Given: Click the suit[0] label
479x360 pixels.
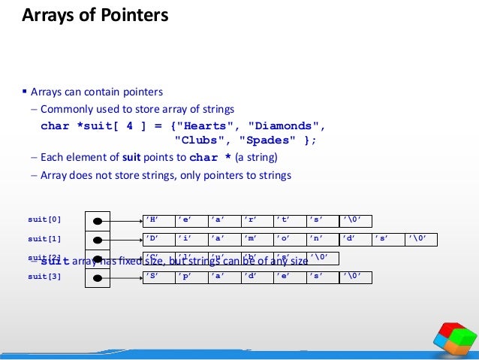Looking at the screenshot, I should tap(44, 220).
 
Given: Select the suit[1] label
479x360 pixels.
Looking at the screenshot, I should tap(44, 239).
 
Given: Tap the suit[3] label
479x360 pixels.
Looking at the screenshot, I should tap(44, 277).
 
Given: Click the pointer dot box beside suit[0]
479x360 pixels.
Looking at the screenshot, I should tap(98, 221).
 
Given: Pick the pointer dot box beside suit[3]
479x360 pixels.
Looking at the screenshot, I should tap(98, 278).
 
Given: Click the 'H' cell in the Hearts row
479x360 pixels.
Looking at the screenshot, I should tap(158, 220).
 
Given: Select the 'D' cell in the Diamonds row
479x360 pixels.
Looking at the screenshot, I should tap(158, 239).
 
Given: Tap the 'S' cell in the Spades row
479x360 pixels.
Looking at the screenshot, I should tap(158, 277).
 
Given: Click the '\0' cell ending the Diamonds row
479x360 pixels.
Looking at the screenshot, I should tap(420, 239).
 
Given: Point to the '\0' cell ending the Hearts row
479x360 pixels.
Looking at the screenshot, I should tap(355, 220).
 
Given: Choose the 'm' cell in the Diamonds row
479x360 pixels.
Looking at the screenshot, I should tap(257, 239).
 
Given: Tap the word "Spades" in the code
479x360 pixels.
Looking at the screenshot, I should tap(267, 140).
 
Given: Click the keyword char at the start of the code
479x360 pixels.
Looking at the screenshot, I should tap(54, 126).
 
